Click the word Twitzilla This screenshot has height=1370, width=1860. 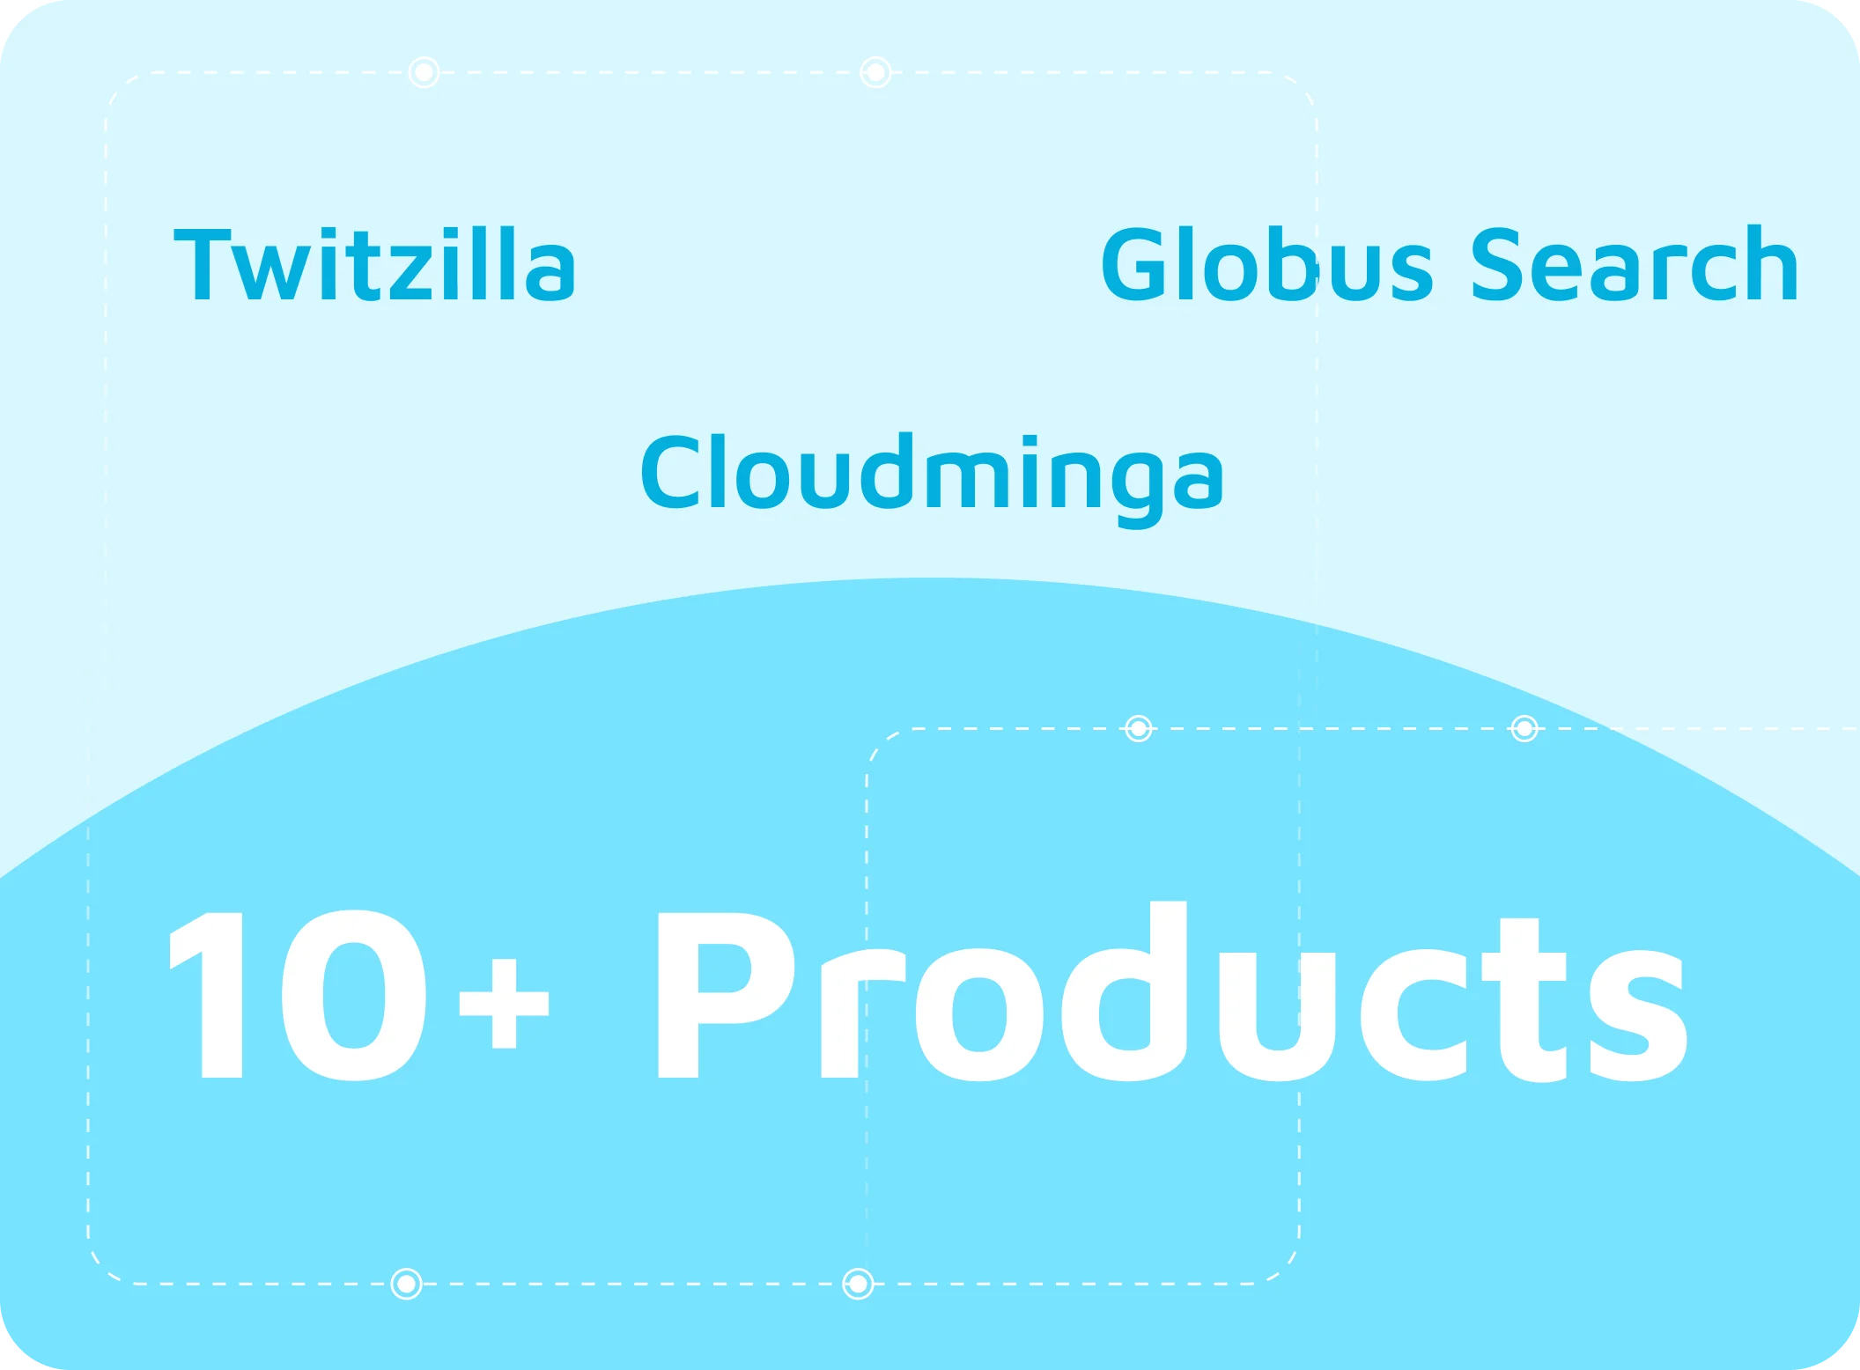click(x=374, y=263)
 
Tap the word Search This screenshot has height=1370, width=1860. click(x=1635, y=263)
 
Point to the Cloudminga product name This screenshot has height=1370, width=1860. click(x=932, y=481)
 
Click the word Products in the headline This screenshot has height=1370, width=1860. click(x=1172, y=991)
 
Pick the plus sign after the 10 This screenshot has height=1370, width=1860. click(x=504, y=1004)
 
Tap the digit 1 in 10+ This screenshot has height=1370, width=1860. click(x=206, y=995)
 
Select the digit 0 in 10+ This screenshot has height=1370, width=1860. click(x=354, y=995)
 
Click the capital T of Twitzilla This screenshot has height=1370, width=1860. click(x=203, y=264)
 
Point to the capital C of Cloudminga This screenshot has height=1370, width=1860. click(x=670, y=472)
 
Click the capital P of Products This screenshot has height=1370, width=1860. click(x=727, y=995)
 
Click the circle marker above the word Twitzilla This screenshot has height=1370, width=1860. click(x=424, y=72)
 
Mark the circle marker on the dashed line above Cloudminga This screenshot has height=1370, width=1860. click(x=875, y=72)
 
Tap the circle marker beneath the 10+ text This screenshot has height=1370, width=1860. click(x=406, y=1284)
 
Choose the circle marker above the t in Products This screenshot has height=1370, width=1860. click(x=1524, y=728)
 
